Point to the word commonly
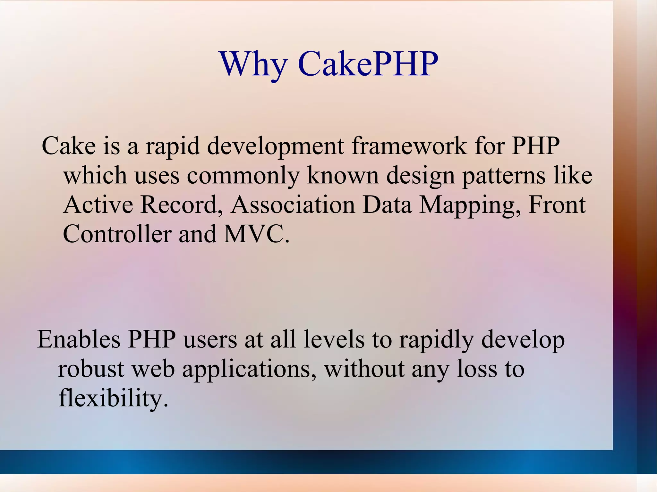click(243, 176)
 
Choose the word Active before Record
click(98, 205)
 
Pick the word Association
click(293, 205)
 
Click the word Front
click(557, 205)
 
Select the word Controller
click(117, 234)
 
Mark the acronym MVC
click(255, 234)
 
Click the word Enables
click(79, 339)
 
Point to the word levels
click(334, 339)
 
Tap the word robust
click(91, 369)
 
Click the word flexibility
click(113, 398)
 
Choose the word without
click(364, 369)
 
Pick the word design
click(421, 176)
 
